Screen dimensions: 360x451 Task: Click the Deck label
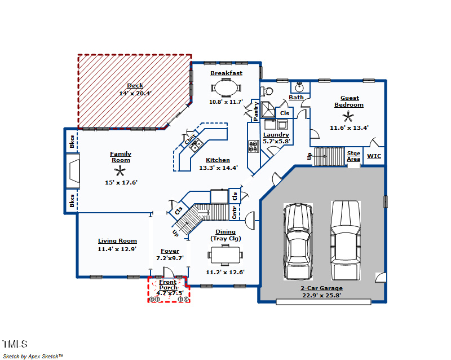pyautogui.click(x=135, y=86)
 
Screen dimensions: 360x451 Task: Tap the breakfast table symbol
pyautogui.click(x=226, y=88)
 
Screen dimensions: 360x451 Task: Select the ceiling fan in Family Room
pyautogui.click(x=120, y=172)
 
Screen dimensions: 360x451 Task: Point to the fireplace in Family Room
pyautogui.click(x=74, y=171)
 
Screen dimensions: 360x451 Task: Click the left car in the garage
pyautogui.click(x=298, y=242)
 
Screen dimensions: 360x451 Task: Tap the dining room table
pyautogui.click(x=226, y=255)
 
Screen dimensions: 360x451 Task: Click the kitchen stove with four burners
pyautogui.click(x=253, y=147)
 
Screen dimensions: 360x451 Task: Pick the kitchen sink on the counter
pyautogui.click(x=196, y=146)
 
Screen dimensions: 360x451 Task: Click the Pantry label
pyautogui.click(x=255, y=111)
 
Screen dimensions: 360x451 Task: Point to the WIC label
pyautogui.click(x=374, y=156)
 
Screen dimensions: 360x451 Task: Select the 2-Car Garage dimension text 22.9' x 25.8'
pyautogui.click(x=321, y=295)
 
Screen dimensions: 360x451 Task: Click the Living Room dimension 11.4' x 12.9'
pyautogui.click(x=117, y=249)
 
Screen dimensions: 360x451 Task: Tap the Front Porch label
pyautogui.click(x=168, y=284)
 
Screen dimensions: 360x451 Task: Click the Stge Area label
pyautogui.click(x=353, y=156)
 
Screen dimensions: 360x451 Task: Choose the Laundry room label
pyautogui.click(x=276, y=134)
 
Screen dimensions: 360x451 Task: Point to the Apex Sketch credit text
pyautogui.click(x=34, y=356)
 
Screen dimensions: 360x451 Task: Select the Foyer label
pyautogui.click(x=170, y=251)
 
